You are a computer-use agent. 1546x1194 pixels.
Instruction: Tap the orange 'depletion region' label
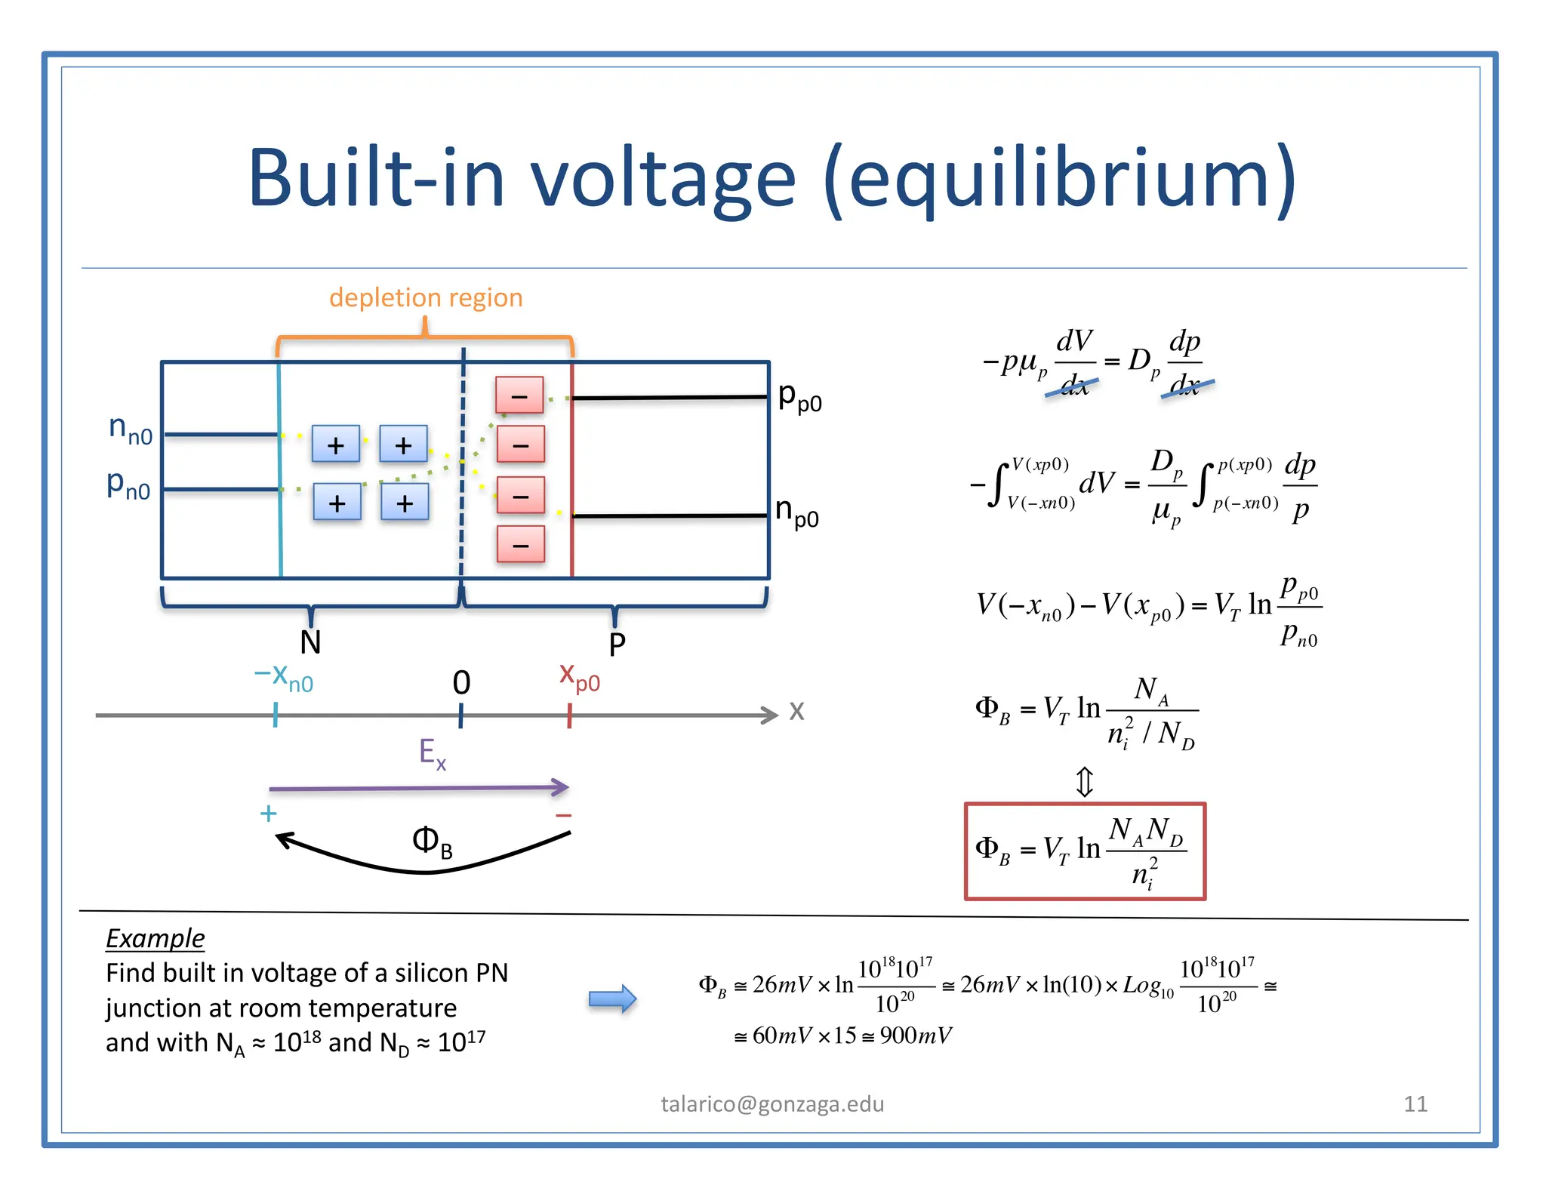click(426, 297)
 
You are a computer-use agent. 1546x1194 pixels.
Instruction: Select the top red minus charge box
click(519, 395)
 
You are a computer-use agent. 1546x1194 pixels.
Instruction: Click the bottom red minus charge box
click(520, 544)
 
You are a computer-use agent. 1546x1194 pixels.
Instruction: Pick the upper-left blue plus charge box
click(336, 444)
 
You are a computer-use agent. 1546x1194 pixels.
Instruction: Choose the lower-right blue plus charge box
click(405, 503)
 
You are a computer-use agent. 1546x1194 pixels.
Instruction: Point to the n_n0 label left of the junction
click(131, 429)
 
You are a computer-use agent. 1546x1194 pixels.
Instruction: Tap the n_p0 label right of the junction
click(797, 513)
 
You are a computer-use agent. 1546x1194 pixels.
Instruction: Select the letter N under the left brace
click(310, 642)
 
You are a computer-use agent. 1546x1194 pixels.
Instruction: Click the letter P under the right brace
click(617, 645)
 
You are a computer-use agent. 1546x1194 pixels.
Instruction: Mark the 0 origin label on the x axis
click(461, 683)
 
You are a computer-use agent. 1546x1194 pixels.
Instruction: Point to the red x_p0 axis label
click(579, 676)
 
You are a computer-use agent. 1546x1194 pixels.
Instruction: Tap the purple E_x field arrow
click(419, 788)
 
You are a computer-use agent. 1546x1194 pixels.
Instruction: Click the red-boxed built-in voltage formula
click(1085, 851)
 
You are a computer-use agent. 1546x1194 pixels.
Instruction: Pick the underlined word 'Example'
click(155, 938)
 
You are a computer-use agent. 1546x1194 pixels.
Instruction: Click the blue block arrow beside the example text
click(612, 999)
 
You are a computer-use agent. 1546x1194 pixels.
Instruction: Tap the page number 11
click(1415, 1104)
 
